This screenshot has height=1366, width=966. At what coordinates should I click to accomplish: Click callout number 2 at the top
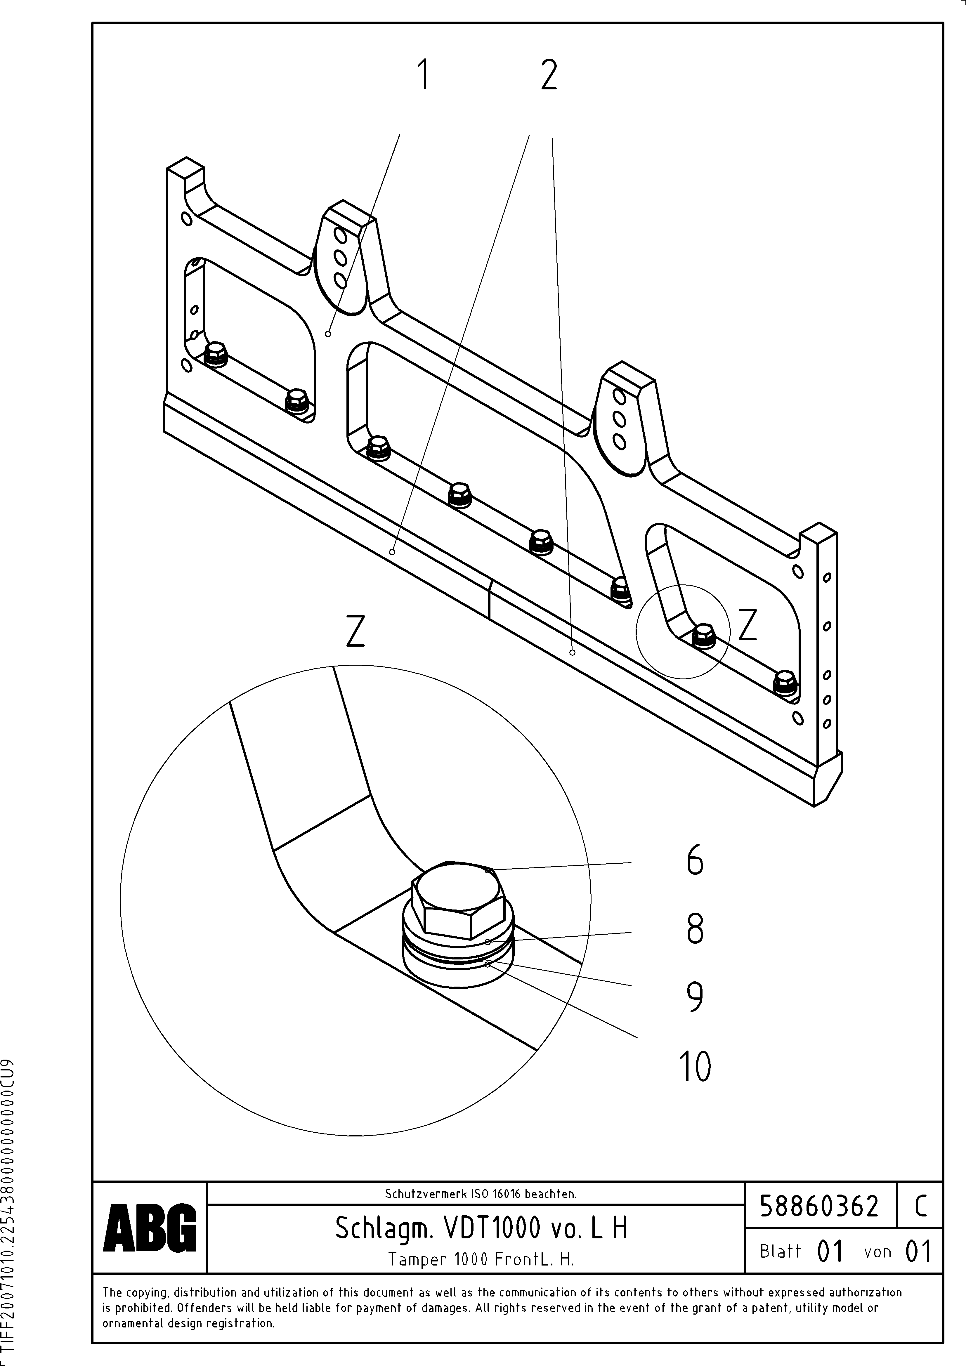tap(549, 76)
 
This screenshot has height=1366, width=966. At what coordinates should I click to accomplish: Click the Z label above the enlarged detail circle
tap(355, 632)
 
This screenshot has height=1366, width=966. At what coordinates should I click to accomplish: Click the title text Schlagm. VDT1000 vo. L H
tap(481, 1228)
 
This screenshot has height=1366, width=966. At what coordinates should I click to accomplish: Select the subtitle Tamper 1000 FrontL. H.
tap(481, 1259)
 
